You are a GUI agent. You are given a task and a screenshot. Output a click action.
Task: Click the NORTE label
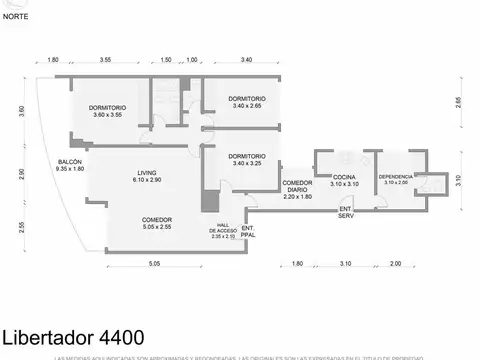point(15,17)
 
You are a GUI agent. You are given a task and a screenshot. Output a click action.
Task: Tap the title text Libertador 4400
point(72,337)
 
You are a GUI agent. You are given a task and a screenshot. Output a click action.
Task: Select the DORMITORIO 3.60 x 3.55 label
point(107,111)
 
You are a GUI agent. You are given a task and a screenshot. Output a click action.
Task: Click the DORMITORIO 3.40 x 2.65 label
point(246,103)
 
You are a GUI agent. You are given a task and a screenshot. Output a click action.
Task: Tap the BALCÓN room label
point(68,166)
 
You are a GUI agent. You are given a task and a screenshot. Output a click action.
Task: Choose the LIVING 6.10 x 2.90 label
point(147,177)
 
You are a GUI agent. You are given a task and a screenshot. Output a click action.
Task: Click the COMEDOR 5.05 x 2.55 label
point(157,223)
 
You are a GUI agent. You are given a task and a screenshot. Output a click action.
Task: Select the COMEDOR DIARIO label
point(298,189)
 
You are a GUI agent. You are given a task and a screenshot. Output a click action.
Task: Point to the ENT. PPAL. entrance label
point(249,231)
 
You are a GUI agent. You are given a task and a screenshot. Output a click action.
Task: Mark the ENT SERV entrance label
point(345,212)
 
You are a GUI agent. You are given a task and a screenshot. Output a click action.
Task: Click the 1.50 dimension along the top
point(166,60)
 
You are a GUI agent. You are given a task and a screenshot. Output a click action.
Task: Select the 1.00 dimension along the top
point(192,60)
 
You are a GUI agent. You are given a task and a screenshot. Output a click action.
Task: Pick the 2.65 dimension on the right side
point(457,101)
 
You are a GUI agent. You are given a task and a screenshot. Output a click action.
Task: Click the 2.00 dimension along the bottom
point(395,263)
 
